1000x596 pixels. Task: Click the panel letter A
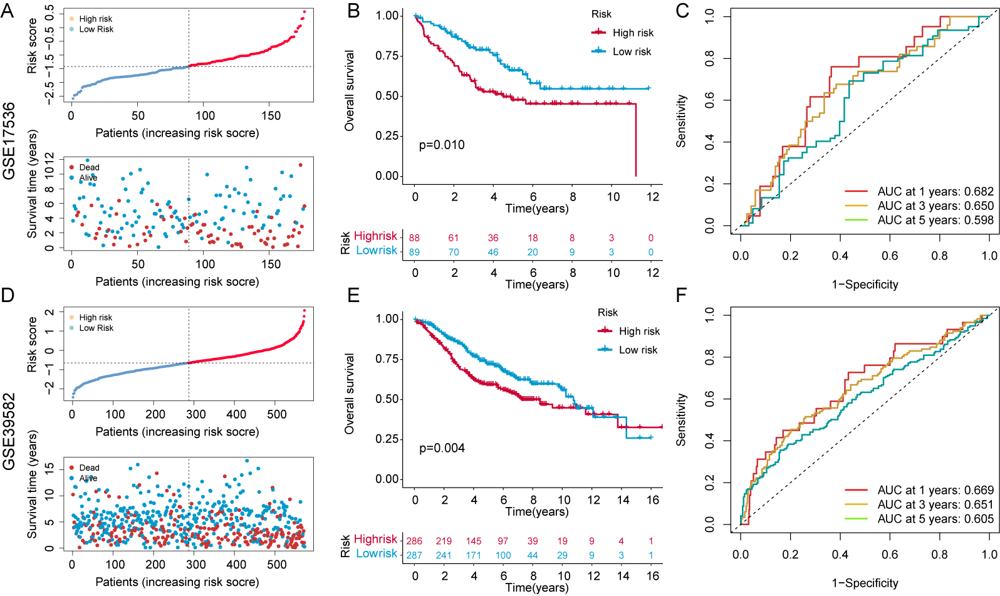(x=8, y=11)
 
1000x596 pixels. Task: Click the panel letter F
(x=682, y=295)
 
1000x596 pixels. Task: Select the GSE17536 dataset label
(x=9, y=141)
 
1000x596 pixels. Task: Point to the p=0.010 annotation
(x=442, y=145)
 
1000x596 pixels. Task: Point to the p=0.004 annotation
(x=442, y=448)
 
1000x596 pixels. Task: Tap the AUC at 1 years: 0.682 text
(x=935, y=192)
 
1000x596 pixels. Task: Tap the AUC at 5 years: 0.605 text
(x=935, y=519)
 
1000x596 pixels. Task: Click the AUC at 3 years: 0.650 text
(x=935, y=206)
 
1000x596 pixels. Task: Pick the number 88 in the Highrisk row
(x=414, y=238)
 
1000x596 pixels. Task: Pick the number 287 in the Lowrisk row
(x=414, y=555)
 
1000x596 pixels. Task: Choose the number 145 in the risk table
(x=474, y=541)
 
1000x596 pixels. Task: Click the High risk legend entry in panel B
(x=633, y=33)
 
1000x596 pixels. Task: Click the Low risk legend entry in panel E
(x=638, y=350)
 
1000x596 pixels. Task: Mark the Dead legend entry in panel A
(x=89, y=167)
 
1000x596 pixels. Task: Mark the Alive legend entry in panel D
(x=88, y=478)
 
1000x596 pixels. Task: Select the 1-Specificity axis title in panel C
(x=865, y=285)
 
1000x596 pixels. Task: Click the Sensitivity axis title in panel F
(x=681, y=420)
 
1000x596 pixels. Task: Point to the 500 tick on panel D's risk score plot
(x=277, y=414)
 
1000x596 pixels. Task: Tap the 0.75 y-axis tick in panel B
(x=387, y=56)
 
